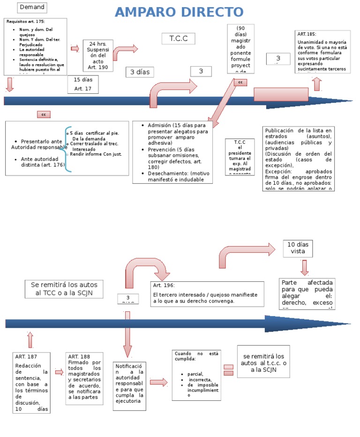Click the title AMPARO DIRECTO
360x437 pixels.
(179, 13)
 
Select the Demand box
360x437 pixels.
(32, 7)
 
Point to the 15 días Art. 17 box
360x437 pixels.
(83, 84)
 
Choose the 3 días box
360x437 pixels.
(140, 72)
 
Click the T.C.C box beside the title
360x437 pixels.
(178, 38)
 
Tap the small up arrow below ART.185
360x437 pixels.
(317, 84)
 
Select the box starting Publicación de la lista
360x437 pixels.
(298, 159)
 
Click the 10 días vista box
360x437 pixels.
(298, 248)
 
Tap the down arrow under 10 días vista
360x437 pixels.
(304, 267)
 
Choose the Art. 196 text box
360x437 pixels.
(207, 294)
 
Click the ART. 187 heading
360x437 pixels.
(26, 357)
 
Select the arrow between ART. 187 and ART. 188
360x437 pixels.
(59, 372)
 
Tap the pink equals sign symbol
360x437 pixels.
(228, 369)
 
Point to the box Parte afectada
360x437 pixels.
(307, 294)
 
